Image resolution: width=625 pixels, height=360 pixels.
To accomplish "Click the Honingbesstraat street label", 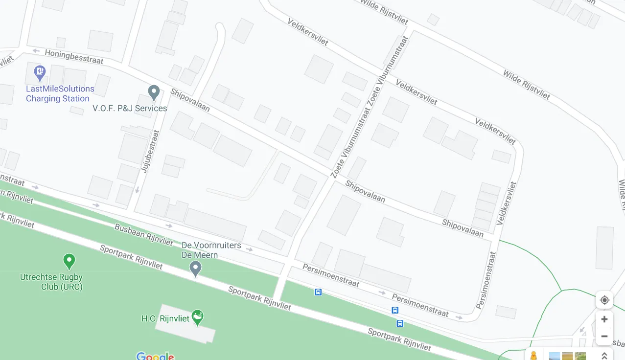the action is pyautogui.click(x=74, y=56).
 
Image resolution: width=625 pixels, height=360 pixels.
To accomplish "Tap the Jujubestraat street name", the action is pyautogui.click(x=151, y=151).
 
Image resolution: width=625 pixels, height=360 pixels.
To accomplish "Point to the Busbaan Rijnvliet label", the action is pyautogui.click(x=143, y=235).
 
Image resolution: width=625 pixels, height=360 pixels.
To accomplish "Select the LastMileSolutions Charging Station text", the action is pyautogui.click(x=60, y=93).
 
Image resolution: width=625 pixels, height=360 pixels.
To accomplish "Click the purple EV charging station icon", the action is pyautogui.click(x=40, y=73).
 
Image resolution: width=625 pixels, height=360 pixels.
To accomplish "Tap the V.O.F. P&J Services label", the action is pyautogui.click(x=130, y=108).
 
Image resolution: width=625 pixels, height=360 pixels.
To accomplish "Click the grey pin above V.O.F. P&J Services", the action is pyautogui.click(x=154, y=91).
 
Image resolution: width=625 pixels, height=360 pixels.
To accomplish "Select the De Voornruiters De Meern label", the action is pyautogui.click(x=205, y=250).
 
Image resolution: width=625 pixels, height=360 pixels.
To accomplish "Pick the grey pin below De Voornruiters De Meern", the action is pyautogui.click(x=195, y=268).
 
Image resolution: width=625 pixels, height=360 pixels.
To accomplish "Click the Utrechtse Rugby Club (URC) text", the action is pyautogui.click(x=51, y=282).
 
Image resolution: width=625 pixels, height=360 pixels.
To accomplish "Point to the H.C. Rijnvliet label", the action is pyautogui.click(x=165, y=318).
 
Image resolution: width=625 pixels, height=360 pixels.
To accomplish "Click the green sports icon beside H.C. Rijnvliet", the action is pyautogui.click(x=197, y=317).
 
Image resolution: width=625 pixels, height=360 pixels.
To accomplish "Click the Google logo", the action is pyautogui.click(x=155, y=356).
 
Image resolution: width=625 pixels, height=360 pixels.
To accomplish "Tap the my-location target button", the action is pyautogui.click(x=604, y=300).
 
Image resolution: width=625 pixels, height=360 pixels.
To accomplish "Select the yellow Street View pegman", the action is pyautogui.click(x=533, y=356).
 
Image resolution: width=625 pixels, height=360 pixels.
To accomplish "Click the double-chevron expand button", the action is pyautogui.click(x=604, y=356).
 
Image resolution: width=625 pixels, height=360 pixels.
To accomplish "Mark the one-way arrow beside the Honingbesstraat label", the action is pyautogui.click(x=36, y=50).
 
